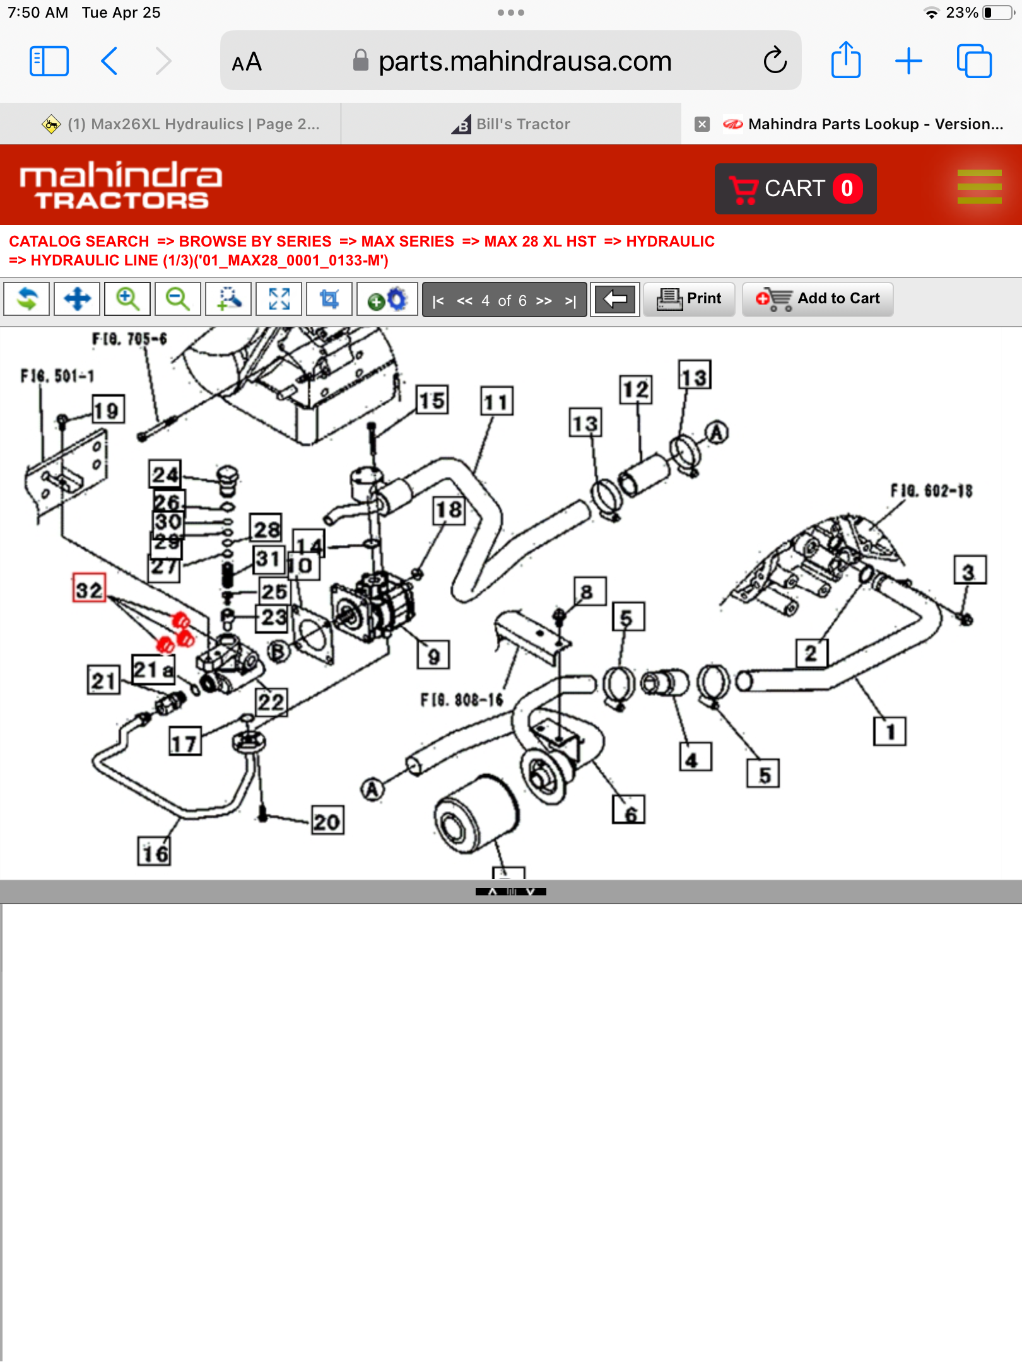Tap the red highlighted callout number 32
point(89,589)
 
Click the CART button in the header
point(795,189)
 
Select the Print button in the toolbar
point(690,299)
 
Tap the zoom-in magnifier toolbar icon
point(127,299)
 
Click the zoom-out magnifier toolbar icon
point(178,299)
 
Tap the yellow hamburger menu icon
point(979,187)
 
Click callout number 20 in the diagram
point(327,821)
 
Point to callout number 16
point(155,853)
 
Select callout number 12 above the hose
point(635,389)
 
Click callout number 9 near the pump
point(433,656)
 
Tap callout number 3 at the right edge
point(969,571)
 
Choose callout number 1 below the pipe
point(890,731)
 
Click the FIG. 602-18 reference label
point(931,491)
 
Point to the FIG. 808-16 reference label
point(462,700)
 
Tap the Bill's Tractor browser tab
point(511,124)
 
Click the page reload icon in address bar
point(775,61)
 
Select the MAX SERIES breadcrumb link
point(408,242)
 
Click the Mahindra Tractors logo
point(120,185)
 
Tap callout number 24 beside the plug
point(165,474)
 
